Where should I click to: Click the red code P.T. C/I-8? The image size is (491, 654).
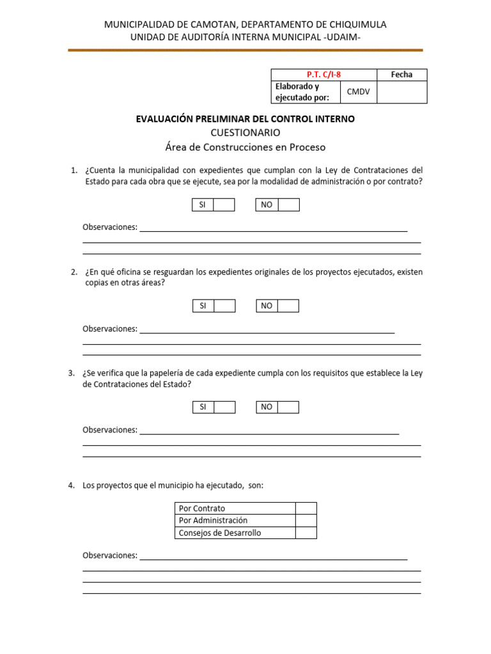(x=324, y=75)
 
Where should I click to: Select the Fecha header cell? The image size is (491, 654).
(x=401, y=75)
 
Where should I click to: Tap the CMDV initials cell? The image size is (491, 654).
(x=359, y=92)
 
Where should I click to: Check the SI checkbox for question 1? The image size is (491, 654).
(x=224, y=204)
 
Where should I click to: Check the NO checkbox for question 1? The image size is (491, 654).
(x=288, y=204)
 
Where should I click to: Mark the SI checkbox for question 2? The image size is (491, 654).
(x=224, y=306)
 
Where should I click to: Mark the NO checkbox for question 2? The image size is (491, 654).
(x=288, y=306)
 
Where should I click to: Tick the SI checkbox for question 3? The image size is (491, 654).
(x=224, y=407)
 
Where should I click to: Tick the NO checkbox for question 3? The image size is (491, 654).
(x=288, y=407)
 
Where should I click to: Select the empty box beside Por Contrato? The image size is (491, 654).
(x=306, y=508)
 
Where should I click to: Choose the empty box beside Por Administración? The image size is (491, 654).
(x=306, y=521)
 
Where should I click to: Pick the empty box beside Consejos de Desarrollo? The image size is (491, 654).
(x=306, y=533)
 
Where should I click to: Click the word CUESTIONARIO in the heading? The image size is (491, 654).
(x=245, y=133)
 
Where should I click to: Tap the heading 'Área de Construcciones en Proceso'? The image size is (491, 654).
(x=245, y=148)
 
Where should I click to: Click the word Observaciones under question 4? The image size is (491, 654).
(x=110, y=556)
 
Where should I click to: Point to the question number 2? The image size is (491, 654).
(x=74, y=272)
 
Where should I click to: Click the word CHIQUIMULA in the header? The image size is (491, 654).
(x=355, y=24)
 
